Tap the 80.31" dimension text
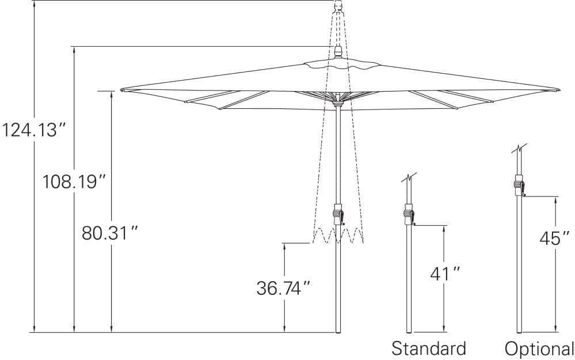(110, 233)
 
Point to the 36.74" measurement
(284, 288)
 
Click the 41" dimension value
(445, 274)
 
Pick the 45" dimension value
(554, 238)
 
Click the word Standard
(429, 348)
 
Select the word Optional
(539, 348)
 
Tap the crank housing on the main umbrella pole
(338, 214)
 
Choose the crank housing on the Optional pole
(519, 187)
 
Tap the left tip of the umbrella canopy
(123, 90)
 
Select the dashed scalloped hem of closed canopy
(338, 235)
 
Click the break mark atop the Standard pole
(409, 179)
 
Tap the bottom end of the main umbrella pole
(338, 331)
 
